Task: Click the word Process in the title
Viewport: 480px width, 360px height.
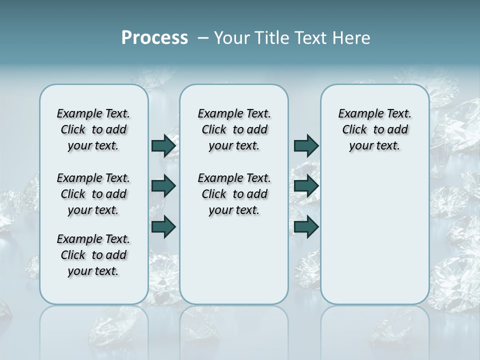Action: tap(154, 38)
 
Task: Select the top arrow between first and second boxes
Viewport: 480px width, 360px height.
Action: tap(163, 145)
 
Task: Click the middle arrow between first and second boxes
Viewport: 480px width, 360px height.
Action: tap(163, 186)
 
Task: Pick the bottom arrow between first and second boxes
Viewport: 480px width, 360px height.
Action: tap(163, 226)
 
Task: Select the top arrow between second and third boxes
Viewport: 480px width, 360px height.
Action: tap(306, 145)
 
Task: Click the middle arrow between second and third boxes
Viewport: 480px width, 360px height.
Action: tap(306, 186)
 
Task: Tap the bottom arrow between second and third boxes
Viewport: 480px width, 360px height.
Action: tap(306, 226)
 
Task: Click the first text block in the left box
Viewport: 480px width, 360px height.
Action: tap(93, 129)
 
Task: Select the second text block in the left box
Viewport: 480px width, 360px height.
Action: tap(93, 194)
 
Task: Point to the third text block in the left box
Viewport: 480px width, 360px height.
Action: tap(93, 255)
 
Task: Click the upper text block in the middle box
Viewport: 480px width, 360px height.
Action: tap(234, 129)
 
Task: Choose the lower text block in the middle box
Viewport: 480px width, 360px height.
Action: tap(234, 194)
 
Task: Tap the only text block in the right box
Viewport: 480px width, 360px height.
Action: tap(374, 129)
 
